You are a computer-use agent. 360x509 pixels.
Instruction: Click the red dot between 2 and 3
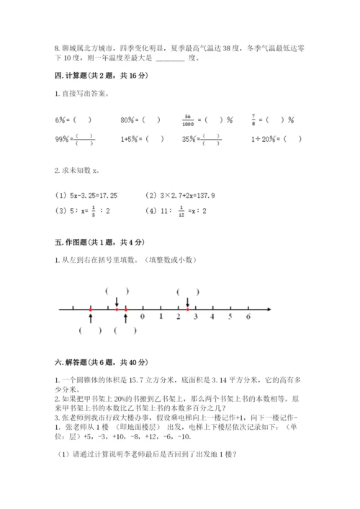[186, 309]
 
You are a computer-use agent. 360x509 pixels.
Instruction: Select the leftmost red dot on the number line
[90, 309]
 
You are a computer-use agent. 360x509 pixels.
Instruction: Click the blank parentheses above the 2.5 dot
[188, 291]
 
